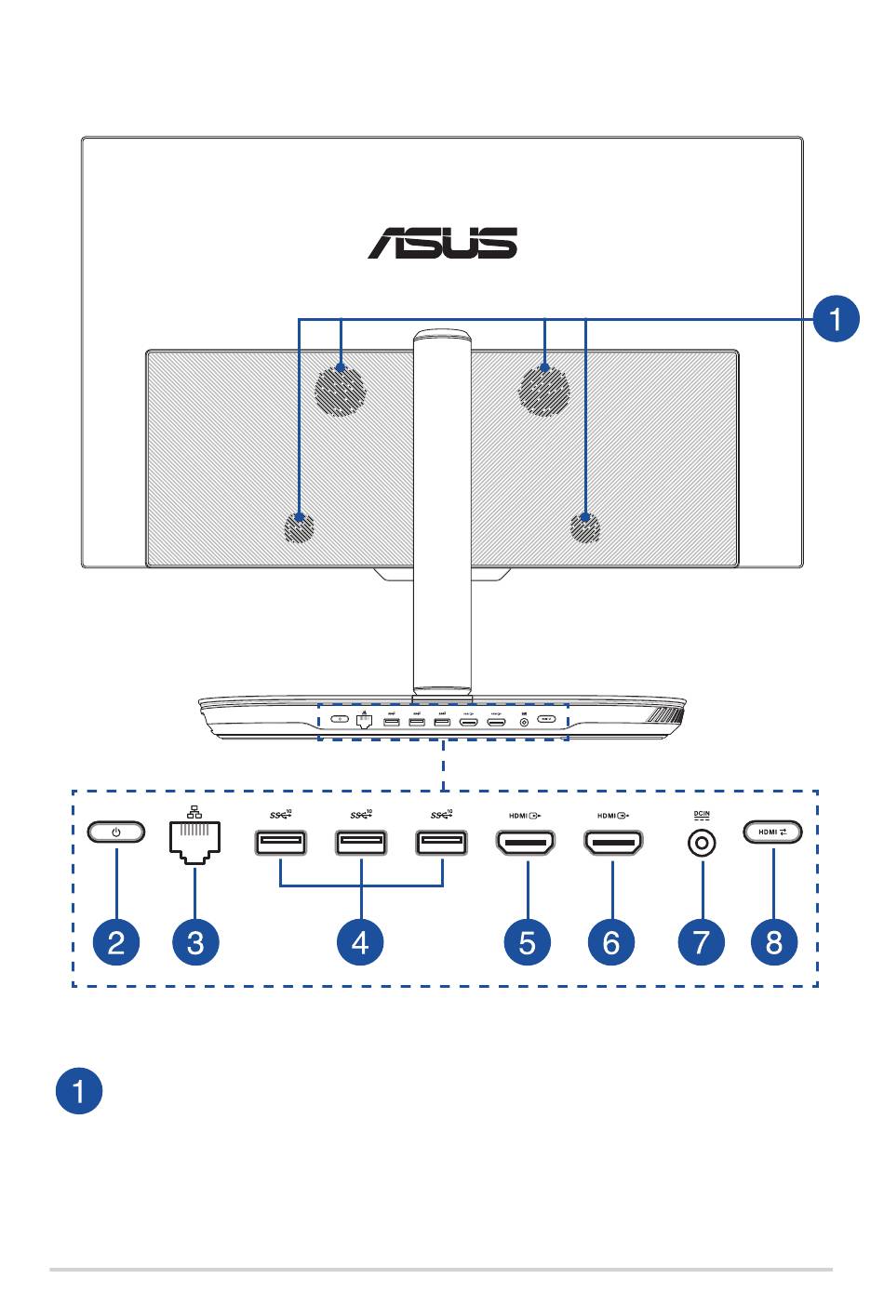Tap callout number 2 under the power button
pos(116,941)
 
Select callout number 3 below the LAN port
pos(195,941)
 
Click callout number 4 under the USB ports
pos(360,941)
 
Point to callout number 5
pos(527,941)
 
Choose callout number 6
pos(611,941)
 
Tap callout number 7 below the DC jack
pos(702,941)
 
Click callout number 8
pos(774,941)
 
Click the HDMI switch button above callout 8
pos(772,832)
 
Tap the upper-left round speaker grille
pos(340,389)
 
